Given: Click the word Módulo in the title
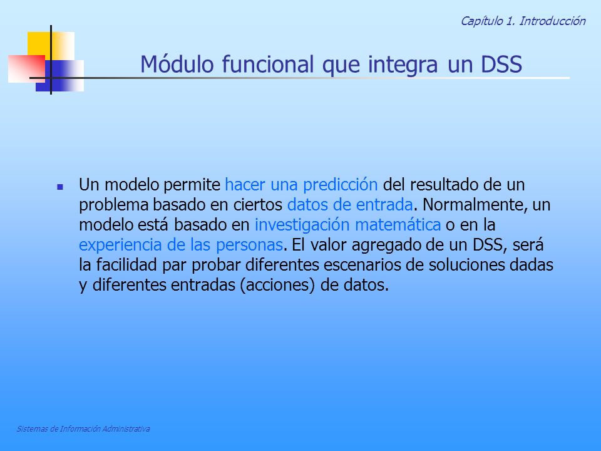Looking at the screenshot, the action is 177,64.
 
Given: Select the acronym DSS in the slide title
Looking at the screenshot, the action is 501,64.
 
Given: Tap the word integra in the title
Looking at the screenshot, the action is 403,65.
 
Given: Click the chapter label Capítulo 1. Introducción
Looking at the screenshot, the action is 523,21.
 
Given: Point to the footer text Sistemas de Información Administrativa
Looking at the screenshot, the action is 83,428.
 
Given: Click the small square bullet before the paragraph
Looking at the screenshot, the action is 60,187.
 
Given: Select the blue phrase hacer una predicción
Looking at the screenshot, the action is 301,185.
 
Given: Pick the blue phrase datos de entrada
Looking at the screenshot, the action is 350,205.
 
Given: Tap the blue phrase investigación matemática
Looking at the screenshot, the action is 347,225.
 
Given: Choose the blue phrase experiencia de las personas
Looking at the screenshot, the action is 181,245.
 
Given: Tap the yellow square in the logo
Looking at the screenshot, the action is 51,46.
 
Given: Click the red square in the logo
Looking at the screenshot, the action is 26,69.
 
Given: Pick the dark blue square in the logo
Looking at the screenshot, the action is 59,76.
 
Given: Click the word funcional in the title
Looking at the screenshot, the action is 267,64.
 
